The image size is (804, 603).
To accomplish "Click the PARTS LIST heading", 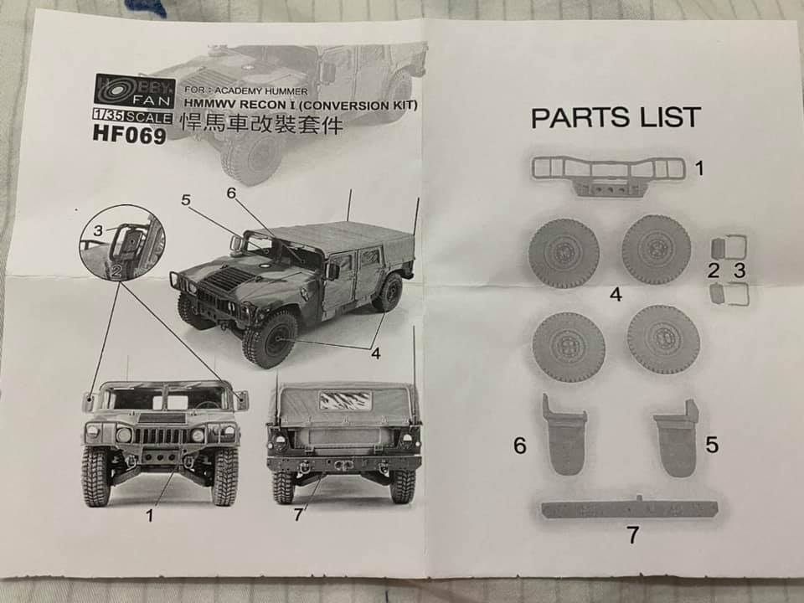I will [616, 117].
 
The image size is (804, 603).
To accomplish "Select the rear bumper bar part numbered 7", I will [628, 508].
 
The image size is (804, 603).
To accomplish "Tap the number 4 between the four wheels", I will [616, 295].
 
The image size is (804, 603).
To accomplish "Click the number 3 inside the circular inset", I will [98, 230].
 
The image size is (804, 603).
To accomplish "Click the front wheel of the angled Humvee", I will [271, 338].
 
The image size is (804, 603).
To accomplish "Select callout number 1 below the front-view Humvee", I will [149, 516].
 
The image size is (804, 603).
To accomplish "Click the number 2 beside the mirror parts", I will [714, 270].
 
